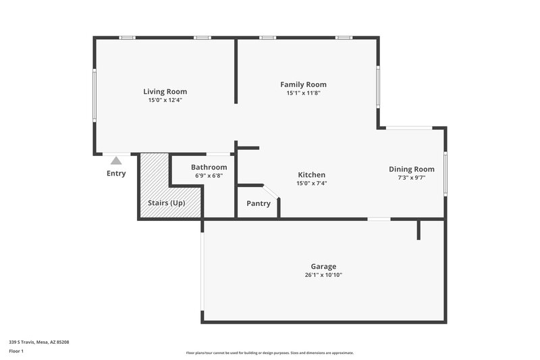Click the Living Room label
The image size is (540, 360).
[x=165, y=91]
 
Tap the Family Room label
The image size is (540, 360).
[x=303, y=84]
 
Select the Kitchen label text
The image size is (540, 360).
[x=311, y=174]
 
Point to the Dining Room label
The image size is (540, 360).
[x=411, y=169]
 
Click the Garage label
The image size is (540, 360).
[x=323, y=266]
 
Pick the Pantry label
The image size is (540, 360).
[x=258, y=203]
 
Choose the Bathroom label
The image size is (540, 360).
[x=209, y=167]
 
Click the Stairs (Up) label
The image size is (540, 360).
[x=166, y=203]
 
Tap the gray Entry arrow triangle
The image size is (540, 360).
[x=116, y=161]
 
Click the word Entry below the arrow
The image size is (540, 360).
[x=116, y=174]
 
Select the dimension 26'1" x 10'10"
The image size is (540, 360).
[x=323, y=275]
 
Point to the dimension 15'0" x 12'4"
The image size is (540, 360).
[x=165, y=100]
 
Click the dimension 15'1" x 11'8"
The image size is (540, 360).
[x=303, y=93]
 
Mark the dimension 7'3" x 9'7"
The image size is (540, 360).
[x=411, y=178]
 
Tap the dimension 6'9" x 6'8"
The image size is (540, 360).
[x=209, y=176]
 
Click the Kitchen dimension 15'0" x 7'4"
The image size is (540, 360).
[x=311, y=183]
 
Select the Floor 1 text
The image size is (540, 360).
[x=16, y=351]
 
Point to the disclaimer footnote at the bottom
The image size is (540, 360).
[x=269, y=353]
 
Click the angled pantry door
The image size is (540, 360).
[x=271, y=192]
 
